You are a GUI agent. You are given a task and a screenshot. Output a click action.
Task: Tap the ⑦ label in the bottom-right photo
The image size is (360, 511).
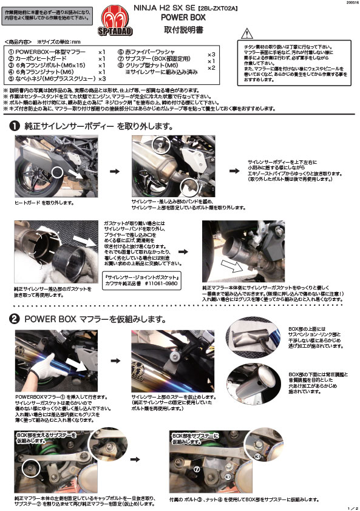tap(197, 469)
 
